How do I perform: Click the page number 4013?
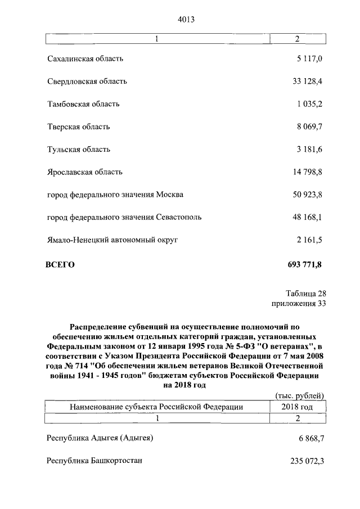(186, 19)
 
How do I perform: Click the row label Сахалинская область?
(85, 58)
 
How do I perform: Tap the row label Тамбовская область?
(83, 104)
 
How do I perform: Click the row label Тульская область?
(79, 150)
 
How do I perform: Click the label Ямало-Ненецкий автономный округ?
(112, 240)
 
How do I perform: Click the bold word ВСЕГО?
(60, 264)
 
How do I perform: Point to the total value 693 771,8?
(304, 264)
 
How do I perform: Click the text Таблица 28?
(305, 293)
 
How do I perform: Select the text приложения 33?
(298, 304)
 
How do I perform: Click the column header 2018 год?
(298, 407)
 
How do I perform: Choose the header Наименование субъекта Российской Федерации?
(156, 407)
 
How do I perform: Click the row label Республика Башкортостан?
(94, 461)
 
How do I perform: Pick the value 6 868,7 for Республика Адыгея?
(310, 438)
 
